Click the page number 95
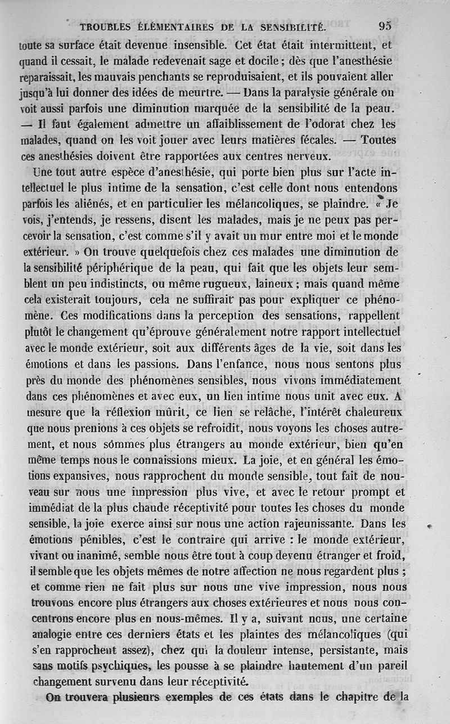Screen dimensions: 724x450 (385, 25)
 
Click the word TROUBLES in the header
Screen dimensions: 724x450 (106, 26)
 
